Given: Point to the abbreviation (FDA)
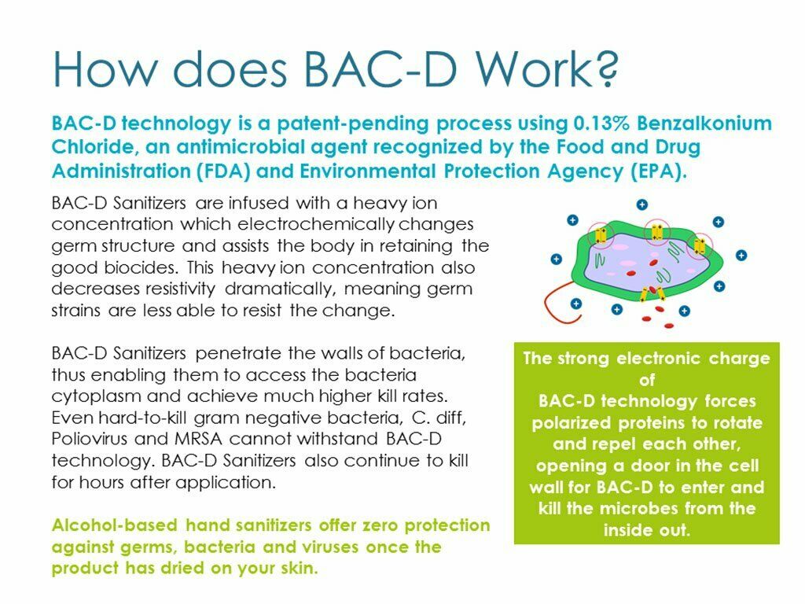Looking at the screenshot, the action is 223,171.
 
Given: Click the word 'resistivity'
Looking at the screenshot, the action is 180,289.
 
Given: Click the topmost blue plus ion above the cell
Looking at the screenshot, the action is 641,204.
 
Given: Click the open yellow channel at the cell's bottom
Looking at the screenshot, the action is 652,294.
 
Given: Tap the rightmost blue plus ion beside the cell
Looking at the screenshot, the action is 741,256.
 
